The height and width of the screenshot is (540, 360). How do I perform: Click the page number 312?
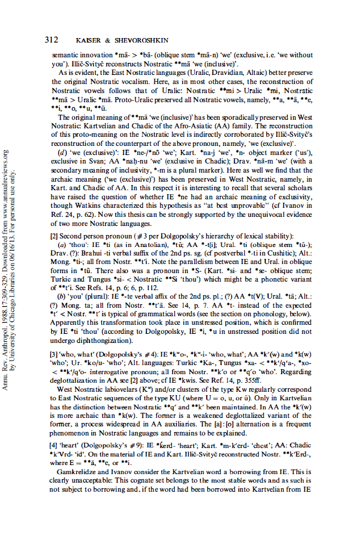pyautogui.click(x=52, y=40)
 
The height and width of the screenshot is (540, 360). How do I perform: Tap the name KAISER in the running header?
pyautogui.click(x=89, y=40)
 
